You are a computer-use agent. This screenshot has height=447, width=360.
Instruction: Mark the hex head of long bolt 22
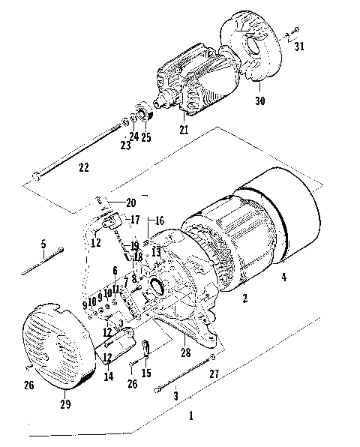point(36,177)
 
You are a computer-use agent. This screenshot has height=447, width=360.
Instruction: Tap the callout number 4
point(283,277)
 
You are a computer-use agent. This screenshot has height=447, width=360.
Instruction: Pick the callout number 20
point(131,202)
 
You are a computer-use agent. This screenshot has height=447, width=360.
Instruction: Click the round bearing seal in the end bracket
point(159,285)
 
